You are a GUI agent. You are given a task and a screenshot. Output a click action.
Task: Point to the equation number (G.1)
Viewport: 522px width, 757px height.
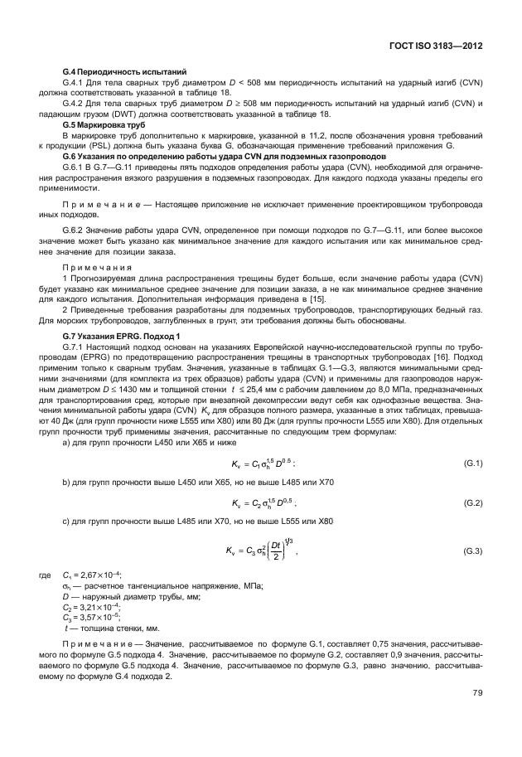click(x=471, y=463)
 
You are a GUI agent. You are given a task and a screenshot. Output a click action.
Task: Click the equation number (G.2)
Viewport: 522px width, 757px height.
click(x=471, y=502)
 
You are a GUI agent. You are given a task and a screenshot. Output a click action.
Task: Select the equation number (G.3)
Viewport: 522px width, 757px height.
click(x=471, y=550)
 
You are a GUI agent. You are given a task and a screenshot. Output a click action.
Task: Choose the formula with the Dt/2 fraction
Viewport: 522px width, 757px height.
click(x=261, y=548)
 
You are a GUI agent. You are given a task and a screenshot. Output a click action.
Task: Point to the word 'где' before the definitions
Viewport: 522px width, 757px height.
click(x=46, y=575)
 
